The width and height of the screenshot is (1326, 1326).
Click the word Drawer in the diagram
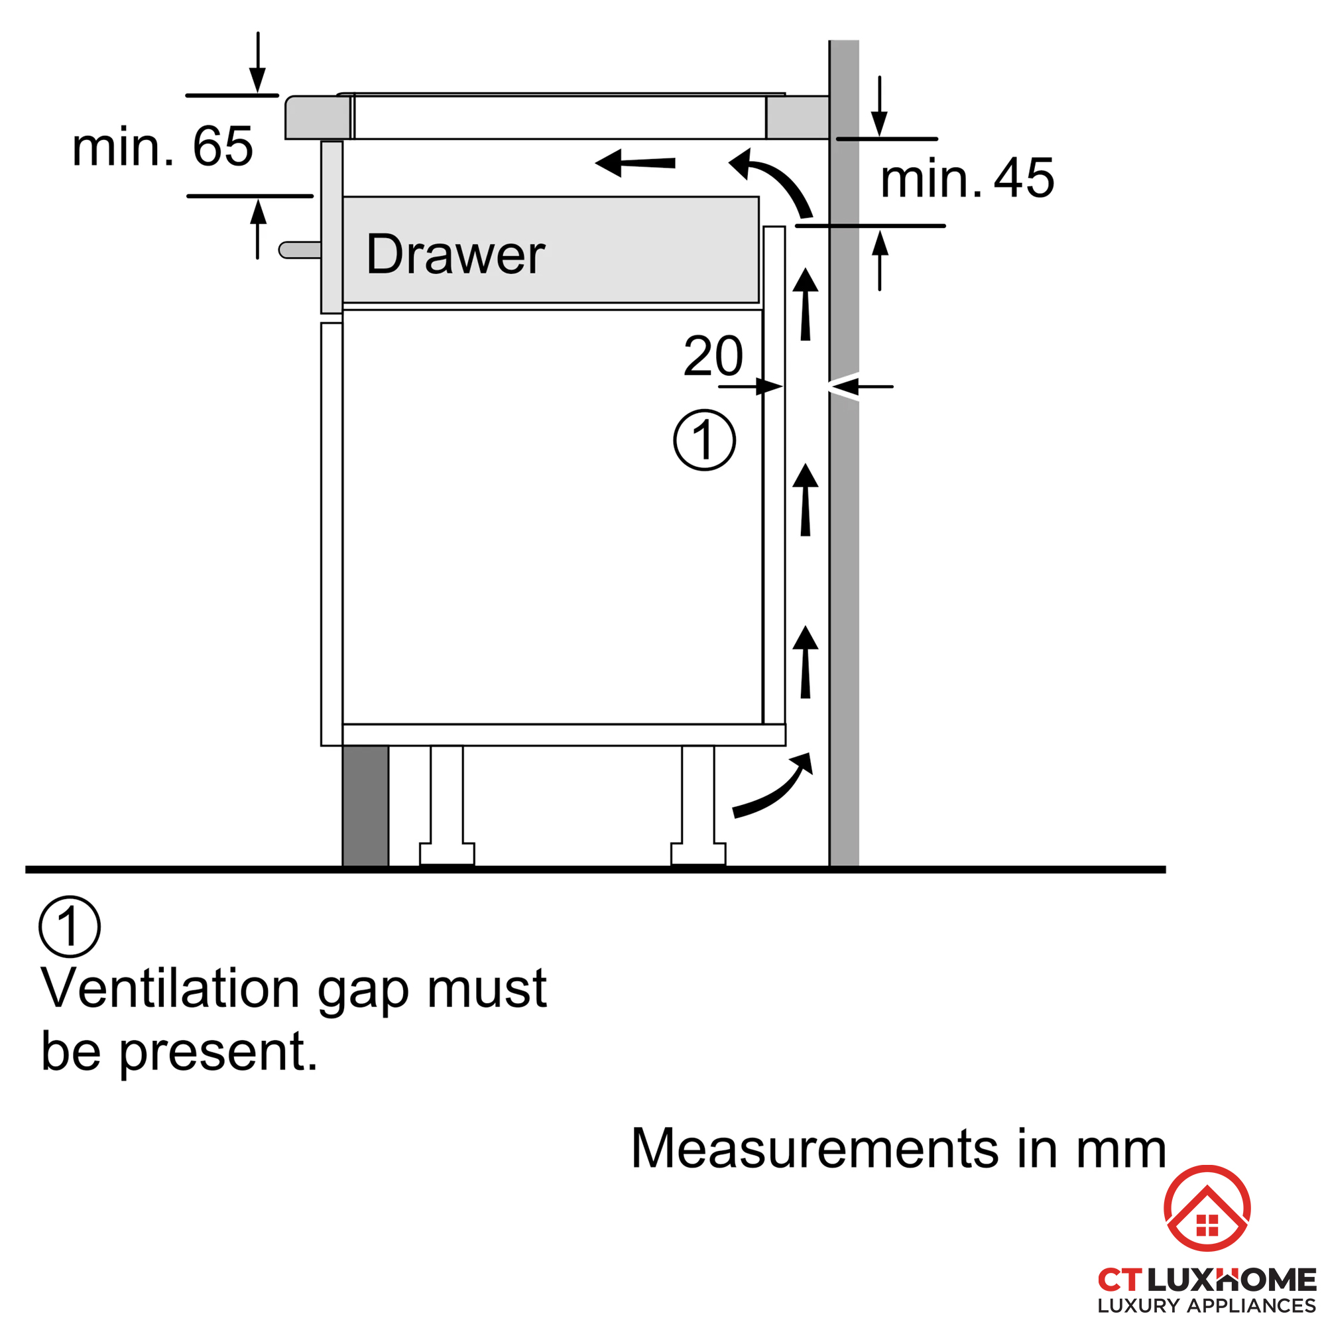click(x=455, y=255)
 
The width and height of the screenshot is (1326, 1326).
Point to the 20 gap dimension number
click(x=713, y=355)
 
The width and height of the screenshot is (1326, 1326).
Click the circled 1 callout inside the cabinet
click(x=704, y=440)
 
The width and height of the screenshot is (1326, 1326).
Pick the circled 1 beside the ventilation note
click(x=70, y=927)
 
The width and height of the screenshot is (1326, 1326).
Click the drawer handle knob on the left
click(x=299, y=250)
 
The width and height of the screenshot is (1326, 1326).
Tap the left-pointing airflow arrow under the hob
click(x=635, y=162)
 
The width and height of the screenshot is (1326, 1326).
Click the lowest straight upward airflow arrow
click(x=805, y=662)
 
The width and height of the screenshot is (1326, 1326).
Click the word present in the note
click(x=218, y=1052)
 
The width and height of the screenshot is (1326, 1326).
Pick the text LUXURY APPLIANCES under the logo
click(x=1207, y=1305)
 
